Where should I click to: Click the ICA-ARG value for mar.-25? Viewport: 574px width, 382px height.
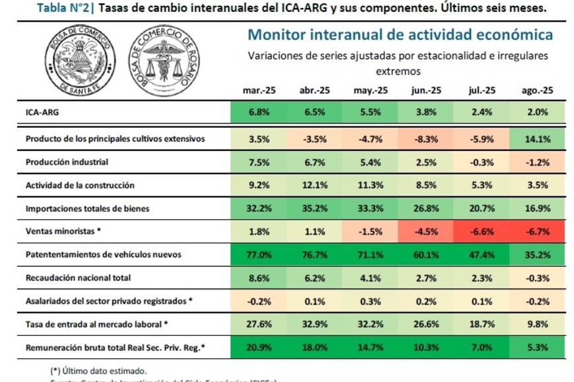point(259,112)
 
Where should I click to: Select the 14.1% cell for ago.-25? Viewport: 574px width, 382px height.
point(538,139)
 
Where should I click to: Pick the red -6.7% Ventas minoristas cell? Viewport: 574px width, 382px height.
point(538,231)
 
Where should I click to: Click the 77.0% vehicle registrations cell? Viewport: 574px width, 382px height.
point(259,254)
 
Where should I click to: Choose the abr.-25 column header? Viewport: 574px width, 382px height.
point(315,91)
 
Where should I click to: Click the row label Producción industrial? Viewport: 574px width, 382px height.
point(67,162)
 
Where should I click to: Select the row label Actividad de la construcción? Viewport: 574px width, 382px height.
point(80,185)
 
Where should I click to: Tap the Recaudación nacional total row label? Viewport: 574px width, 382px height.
point(78,277)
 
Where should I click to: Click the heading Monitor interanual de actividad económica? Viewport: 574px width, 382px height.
point(400,35)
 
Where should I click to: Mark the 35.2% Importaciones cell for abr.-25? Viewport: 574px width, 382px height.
point(315,208)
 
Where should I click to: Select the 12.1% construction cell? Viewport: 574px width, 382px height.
point(315,185)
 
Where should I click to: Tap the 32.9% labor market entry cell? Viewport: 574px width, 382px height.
point(315,323)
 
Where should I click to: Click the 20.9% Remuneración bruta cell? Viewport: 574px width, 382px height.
point(259,346)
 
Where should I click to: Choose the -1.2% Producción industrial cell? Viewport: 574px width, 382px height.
point(538,162)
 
